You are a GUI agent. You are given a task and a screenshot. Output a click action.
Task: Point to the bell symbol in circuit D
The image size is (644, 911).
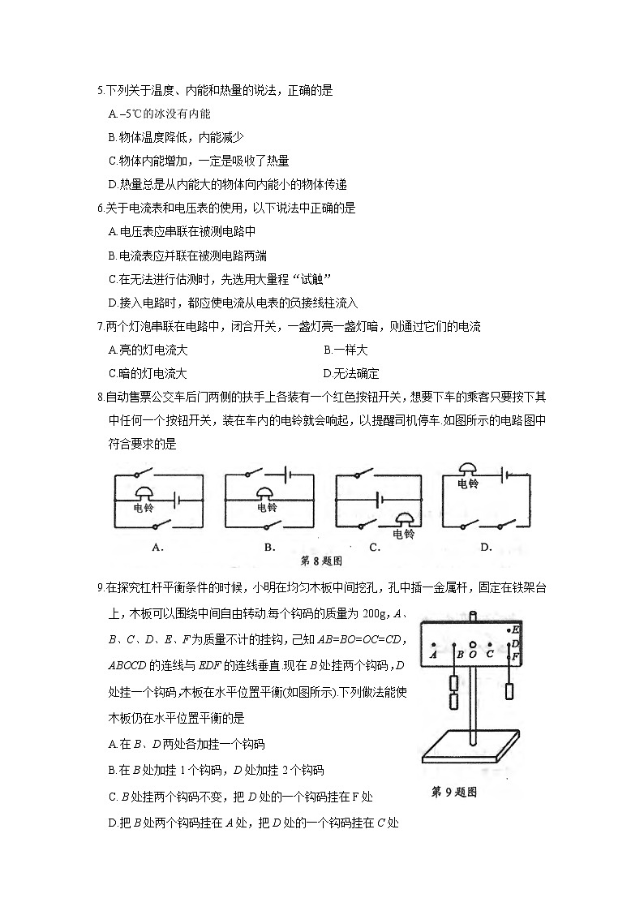[x=468, y=469]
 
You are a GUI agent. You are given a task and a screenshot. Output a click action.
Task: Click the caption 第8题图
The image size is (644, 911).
[x=322, y=561]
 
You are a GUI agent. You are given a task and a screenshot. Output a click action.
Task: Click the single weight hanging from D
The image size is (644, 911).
[x=509, y=691]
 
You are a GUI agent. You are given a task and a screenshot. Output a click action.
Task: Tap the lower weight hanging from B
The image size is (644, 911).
[x=453, y=700]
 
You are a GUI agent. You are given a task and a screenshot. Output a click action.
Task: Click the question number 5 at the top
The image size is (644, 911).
[x=100, y=91]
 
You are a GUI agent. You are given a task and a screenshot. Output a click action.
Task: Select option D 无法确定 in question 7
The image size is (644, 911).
[x=351, y=374]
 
